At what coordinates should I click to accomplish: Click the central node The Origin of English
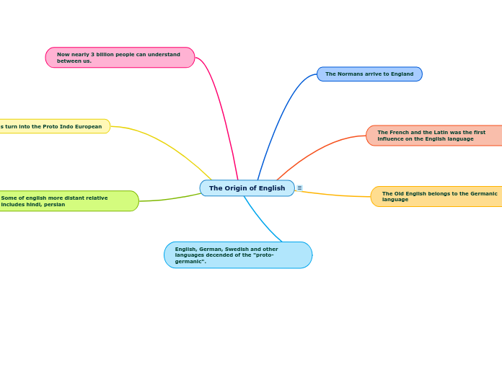(x=247, y=188)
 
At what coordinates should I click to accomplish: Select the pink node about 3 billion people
(x=120, y=58)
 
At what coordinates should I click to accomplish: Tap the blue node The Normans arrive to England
(x=369, y=74)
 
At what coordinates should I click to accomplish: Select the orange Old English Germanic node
(x=437, y=196)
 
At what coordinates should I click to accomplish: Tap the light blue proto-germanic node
(x=238, y=255)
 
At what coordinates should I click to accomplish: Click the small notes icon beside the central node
(x=300, y=188)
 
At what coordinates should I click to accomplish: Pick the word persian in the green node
(x=54, y=205)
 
